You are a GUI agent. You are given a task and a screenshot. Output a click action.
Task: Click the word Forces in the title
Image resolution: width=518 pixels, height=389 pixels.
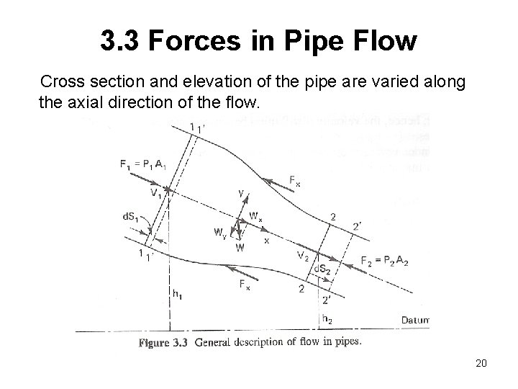(187, 41)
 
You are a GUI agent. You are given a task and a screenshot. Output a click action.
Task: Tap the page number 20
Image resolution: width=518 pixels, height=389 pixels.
(481, 364)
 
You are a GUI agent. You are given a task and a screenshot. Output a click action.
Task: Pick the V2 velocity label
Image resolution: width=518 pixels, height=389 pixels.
(304, 256)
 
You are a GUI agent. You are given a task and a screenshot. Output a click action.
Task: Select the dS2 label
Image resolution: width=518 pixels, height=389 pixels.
(326, 270)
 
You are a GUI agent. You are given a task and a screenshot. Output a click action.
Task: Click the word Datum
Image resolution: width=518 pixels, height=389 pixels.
(414, 318)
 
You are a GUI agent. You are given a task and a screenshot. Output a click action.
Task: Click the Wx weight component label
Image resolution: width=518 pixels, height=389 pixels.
(255, 215)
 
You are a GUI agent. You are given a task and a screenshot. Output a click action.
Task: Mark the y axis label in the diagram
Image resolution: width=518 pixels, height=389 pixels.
(241, 193)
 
